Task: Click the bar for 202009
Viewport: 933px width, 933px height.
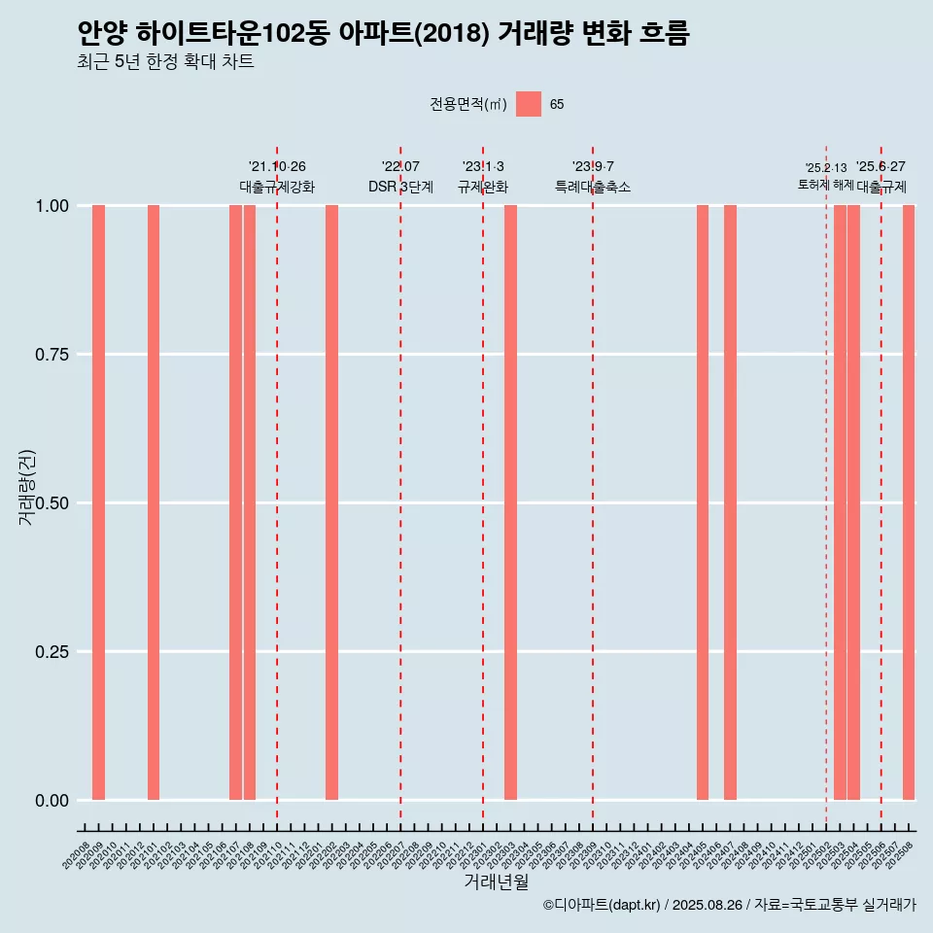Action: click(x=98, y=502)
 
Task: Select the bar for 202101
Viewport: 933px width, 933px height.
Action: click(x=154, y=502)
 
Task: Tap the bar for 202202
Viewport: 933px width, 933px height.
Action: click(x=331, y=502)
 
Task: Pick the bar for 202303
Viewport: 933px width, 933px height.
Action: click(x=510, y=502)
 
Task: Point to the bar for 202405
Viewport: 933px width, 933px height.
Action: click(x=703, y=502)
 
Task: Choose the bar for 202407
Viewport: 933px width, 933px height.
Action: click(x=730, y=502)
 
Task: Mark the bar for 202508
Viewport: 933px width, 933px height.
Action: click(x=909, y=502)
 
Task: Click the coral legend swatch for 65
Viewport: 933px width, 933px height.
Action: click(x=529, y=104)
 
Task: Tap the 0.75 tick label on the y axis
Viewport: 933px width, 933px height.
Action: click(x=52, y=355)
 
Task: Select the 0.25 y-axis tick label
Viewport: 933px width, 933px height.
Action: click(x=52, y=652)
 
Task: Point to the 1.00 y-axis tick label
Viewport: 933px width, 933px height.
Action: click(x=52, y=206)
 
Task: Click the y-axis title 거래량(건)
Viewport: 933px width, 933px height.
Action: click(x=27, y=487)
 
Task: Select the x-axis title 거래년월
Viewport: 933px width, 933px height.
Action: click(x=496, y=882)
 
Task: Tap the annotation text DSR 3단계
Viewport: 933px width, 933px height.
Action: click(x=400, y=187)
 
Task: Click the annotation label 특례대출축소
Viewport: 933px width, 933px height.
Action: click(x=593, y=187)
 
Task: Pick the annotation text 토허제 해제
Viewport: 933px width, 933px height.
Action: click(x=826, y=185)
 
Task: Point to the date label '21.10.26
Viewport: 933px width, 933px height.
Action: click(x=277, y=167)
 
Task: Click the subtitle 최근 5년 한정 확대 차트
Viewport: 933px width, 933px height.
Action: click(x=165, y=62)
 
